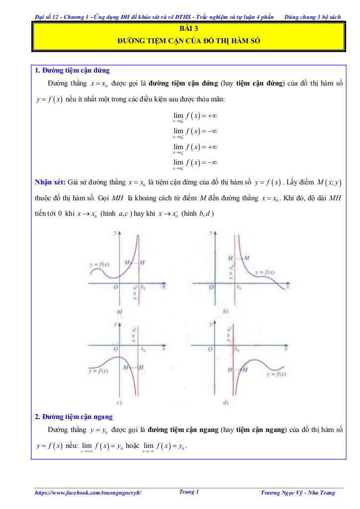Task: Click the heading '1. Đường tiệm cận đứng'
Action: pos(72,70)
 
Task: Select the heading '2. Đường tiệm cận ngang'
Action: pos(74,416)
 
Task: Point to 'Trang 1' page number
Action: pos(189,492)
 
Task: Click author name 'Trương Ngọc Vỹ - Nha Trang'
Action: pos(298,493)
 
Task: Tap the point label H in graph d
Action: pos(230,370)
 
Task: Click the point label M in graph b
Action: pos(247,258)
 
